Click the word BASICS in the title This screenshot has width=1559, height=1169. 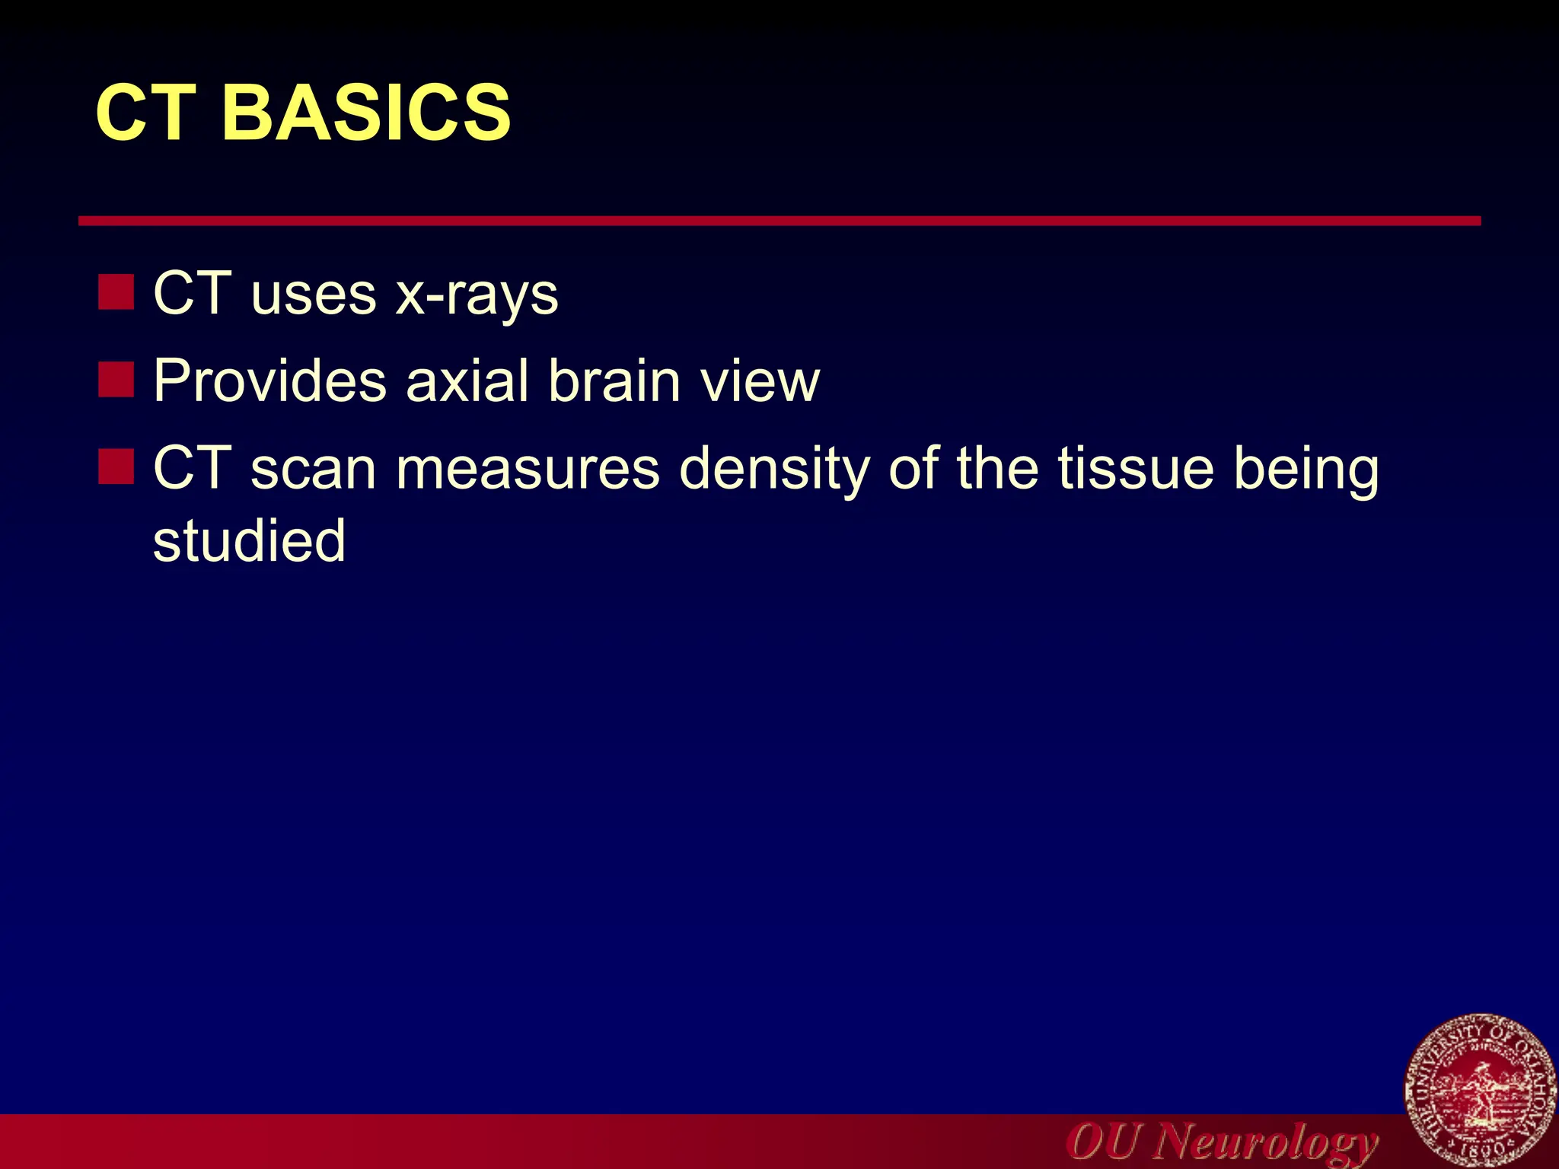(x=365, y=113)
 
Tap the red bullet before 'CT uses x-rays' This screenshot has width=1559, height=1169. (x=116, y=292)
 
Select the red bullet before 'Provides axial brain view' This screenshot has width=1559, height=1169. (x=116, y=379)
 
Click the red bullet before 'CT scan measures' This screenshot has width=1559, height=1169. (x=116, y=466)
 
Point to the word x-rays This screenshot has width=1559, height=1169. (x=477, y=295)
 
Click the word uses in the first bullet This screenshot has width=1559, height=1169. (x=313, y=295)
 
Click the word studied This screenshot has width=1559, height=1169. (x=249, y=540)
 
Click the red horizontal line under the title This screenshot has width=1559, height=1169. (x=779, y=221)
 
